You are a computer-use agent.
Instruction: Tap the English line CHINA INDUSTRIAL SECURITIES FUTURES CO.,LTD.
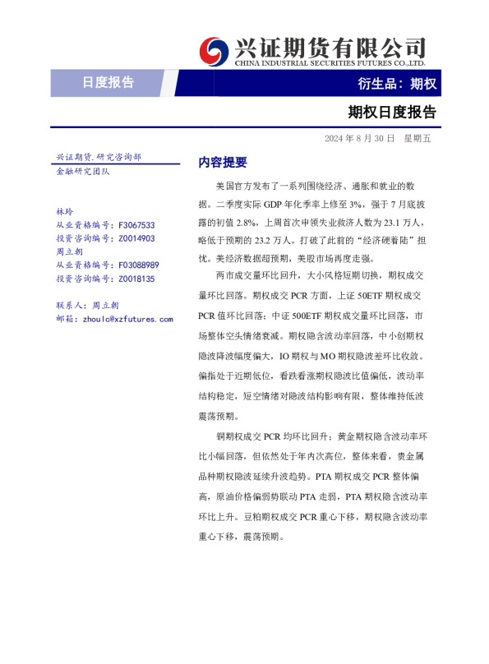pyautogui.click(x=330, y=62)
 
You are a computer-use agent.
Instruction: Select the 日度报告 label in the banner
pyautogui.click(x=108, y=82)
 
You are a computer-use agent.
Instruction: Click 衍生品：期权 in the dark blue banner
pyautogui.click(x=397, y=83)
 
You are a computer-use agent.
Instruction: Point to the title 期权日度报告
pyautogui.click(x=392, y=112)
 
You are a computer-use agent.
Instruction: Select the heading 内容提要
pyautogui.click(x=223, y=162)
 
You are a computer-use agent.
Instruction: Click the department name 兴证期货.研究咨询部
pyautogui.click(x=98, y=156)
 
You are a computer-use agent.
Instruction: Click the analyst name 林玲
pyautogui.click(x=63, y=211)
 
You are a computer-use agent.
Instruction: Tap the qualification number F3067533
pyautogui.click(x=137, y=224)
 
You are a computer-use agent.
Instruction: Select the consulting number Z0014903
pyautogui.click(x=137, y=238)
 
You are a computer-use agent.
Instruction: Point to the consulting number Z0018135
pyautogui.click(x=137, y=279)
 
